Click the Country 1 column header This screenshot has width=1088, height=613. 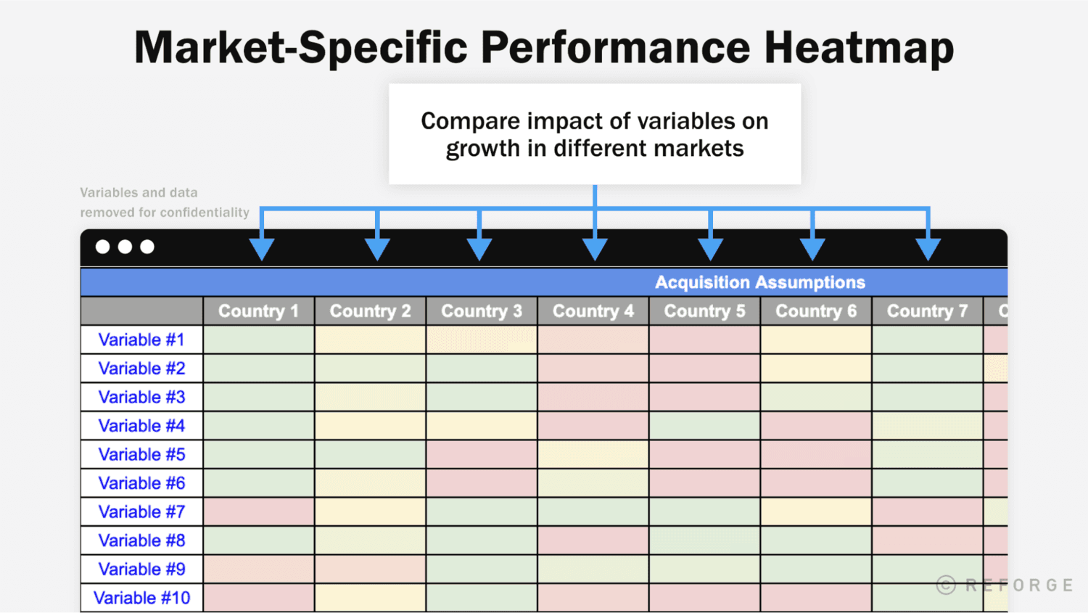[258, 311]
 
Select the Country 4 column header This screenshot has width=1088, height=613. [593, 311]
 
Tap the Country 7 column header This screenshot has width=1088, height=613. [927, 311]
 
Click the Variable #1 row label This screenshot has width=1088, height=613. [141, 340]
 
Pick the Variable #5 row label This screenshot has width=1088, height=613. [141, 455]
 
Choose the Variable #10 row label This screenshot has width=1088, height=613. [141, 598]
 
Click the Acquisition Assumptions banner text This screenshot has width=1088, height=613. [759, 282]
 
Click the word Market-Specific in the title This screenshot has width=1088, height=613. [301, 48]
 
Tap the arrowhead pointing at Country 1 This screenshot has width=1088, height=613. [262, 249]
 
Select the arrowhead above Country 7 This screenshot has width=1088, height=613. [928, 249]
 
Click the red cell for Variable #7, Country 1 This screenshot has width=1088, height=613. [259, 512]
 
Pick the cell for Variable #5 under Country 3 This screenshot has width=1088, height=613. [482, 455]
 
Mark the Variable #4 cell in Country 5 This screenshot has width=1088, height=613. [704, 426]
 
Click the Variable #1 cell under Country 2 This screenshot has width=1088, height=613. [370, 340]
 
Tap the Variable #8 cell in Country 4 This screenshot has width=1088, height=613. [593, 540]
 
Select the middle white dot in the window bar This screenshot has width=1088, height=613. [125, 247]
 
